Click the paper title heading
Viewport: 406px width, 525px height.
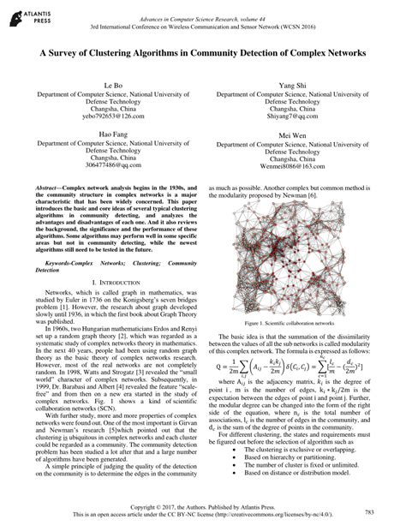tap(203, 52)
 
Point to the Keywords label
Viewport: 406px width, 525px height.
tap(51, 239)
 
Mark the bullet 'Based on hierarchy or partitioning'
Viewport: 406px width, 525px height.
tap(288, 459)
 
